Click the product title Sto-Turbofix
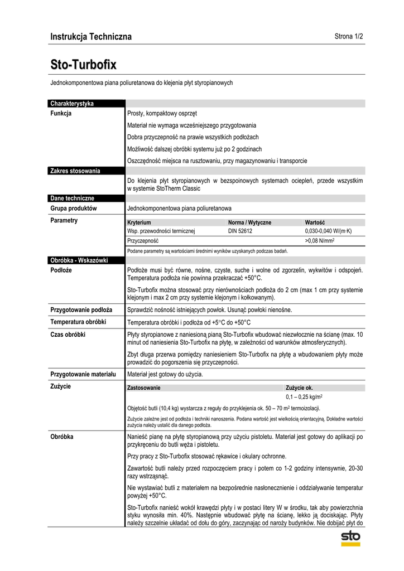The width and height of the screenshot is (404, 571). pyautogui.click(x=83, y=65)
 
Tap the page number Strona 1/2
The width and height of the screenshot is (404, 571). pyautogui.click(x=349, y=37)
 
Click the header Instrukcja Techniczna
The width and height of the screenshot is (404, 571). pyautogui.click(x=91, y=37)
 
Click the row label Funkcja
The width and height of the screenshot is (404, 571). pyautogui.click(x=61, y=113)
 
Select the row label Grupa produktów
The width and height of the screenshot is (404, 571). pyautogui.click(x=74, y=208)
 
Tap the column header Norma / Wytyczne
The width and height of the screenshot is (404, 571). pyautogui.click(x=249, y=222)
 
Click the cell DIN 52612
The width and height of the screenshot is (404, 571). pyautogui.click(x=240, y=230)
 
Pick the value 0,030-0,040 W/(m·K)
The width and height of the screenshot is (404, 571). pyautogui.click(x=328, y=230)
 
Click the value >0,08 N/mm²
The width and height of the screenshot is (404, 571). pyautogui.click(x=319, y=241)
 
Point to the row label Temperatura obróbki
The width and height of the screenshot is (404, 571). pyautogui.click(x=79, y=322)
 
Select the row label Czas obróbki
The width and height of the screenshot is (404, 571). pyautogui.click(x=68, y=334)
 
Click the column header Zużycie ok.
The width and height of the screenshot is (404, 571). pyautogui.click(x=299, y=388)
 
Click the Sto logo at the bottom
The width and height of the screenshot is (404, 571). pyautogui.click(x=351, y=538)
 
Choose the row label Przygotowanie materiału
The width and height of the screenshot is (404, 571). pyautogui.click(x=83, y=374)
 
